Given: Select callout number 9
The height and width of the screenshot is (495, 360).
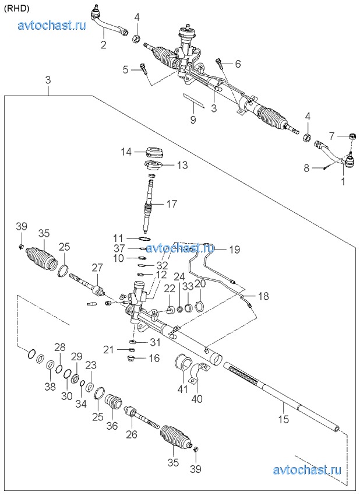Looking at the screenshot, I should pyautogui.click(x=193, y=121).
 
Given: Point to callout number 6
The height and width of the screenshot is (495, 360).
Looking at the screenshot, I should pyautogui.click(x=238, y=64).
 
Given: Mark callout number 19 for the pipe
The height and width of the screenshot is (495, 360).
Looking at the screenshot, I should pyautogui.click(x=234, y=250).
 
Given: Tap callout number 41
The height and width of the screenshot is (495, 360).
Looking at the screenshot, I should pyautogui.click(x=183, y=387).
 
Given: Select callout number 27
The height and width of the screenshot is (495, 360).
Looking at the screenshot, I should pyautogui.click(x=97, y=268).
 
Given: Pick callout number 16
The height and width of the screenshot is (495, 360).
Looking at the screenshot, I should pyautogui.click(x=154, y=359).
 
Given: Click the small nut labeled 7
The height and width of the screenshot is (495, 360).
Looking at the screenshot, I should pyautogui.click(x=352, y=136).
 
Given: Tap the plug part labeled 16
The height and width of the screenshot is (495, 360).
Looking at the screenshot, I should pyautogui.click(x=132, y=358).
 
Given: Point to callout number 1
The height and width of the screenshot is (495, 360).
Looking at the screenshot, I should pyautogui.click(x=343, y=181).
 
